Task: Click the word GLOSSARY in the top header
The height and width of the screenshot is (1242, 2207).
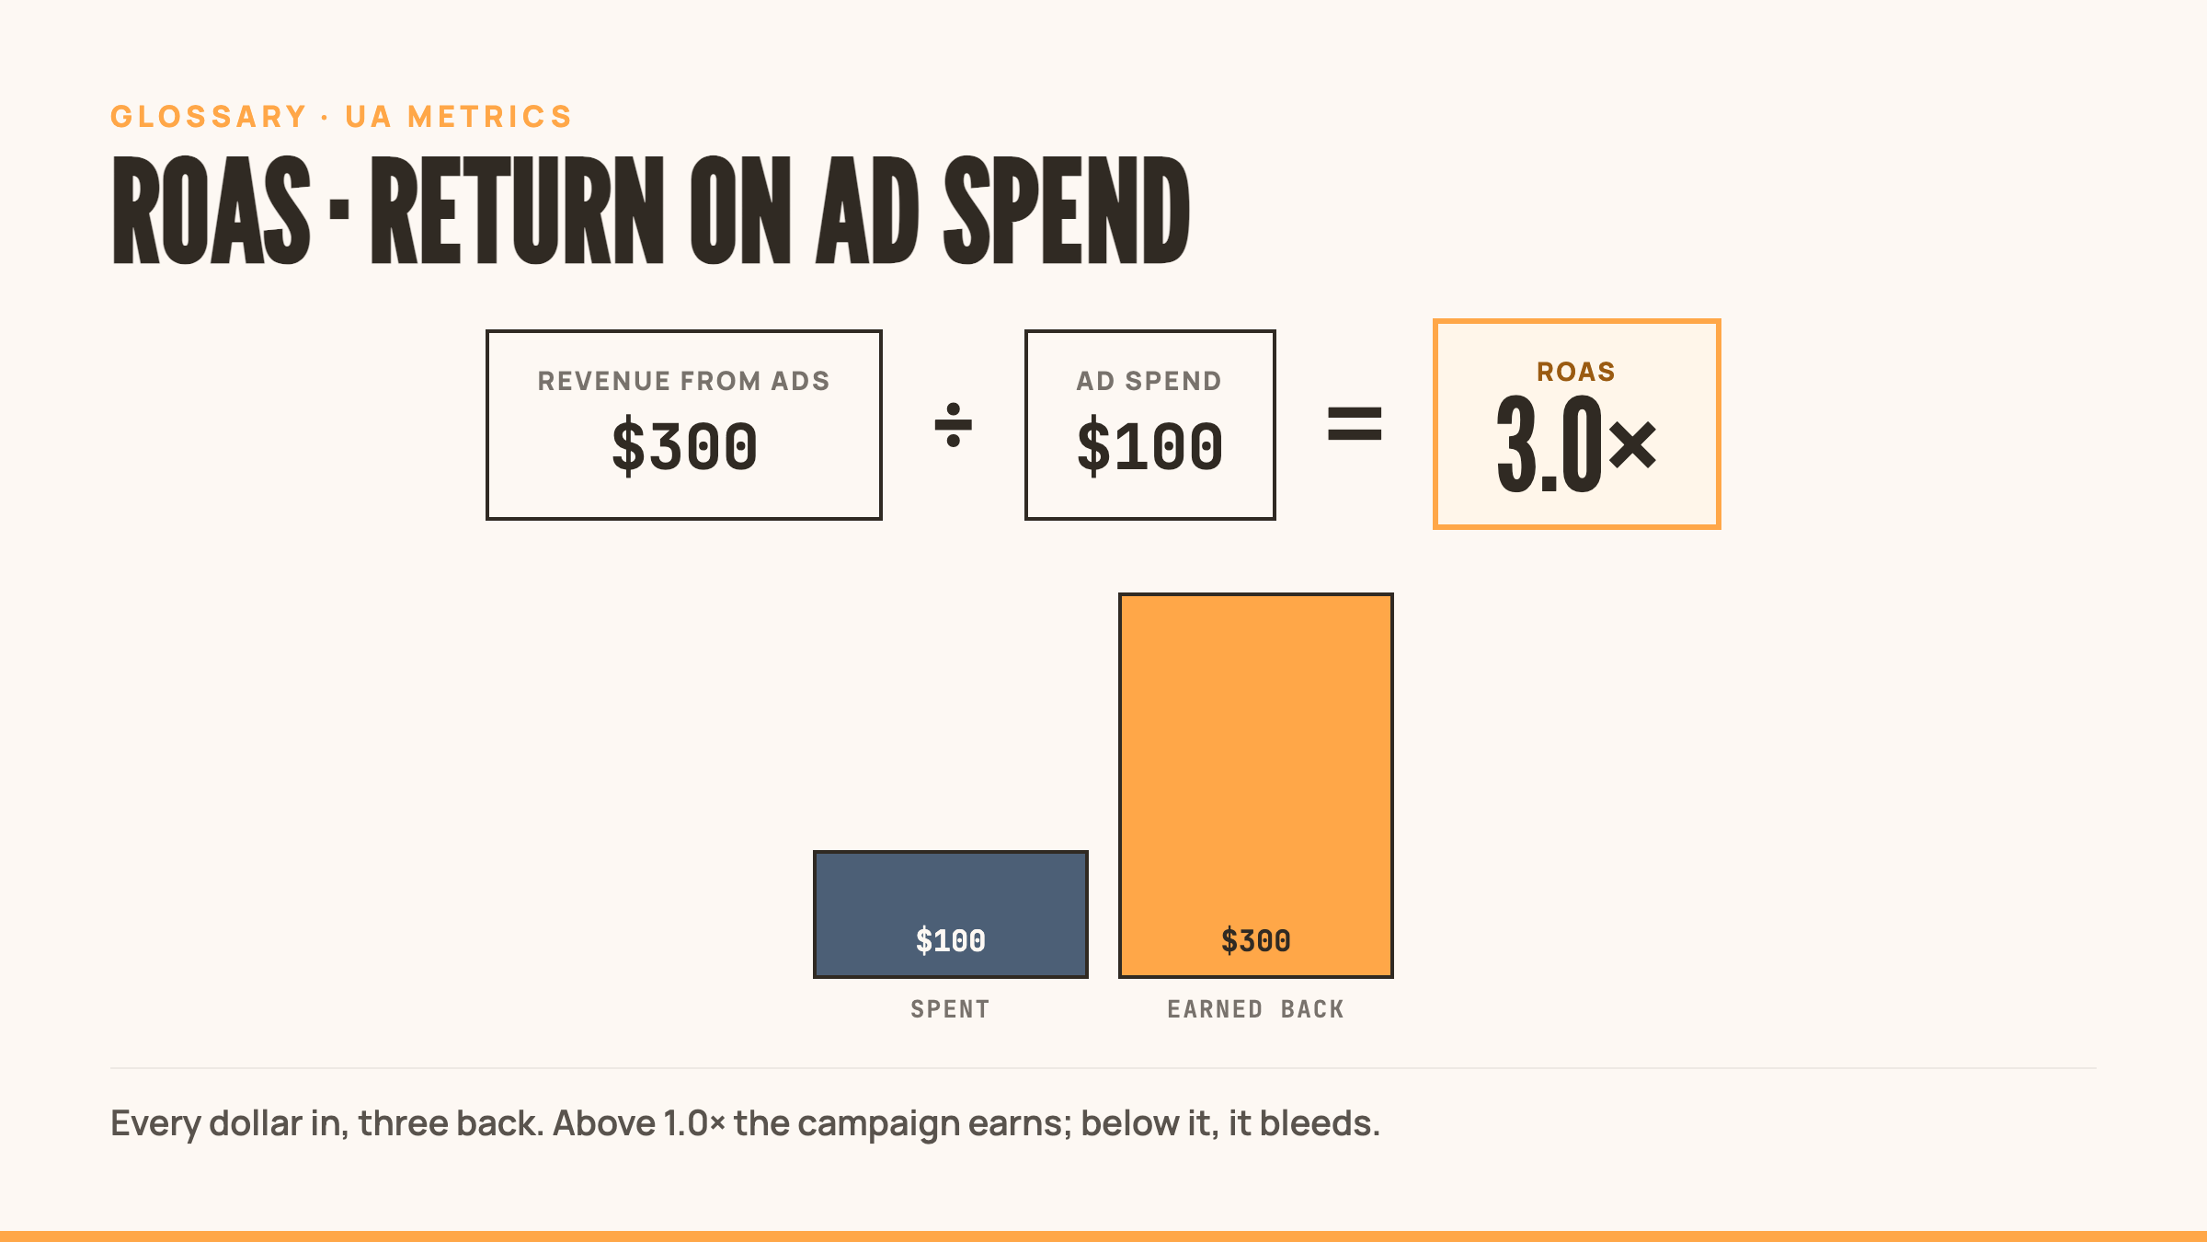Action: [x=209, y=117]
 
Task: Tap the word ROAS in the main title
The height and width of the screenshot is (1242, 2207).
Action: [x=212, y=210]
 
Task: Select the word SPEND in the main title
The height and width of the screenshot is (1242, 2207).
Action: [x=1068, y=210]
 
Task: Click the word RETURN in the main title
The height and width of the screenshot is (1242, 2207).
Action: [x=518, y=210]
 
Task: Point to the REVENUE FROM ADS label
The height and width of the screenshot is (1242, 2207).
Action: [x=683, y=381]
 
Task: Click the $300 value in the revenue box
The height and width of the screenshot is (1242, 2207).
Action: [x=684, y=446]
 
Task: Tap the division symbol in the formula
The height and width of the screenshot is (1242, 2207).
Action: [x=954, y=425]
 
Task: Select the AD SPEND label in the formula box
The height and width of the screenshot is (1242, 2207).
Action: [x=1149, y=381]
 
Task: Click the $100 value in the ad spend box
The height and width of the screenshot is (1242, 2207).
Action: [x=1149, y=446]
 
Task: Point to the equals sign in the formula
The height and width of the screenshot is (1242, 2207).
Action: [x=1355, y=424]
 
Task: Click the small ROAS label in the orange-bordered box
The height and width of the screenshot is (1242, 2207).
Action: [x=1576, y=372]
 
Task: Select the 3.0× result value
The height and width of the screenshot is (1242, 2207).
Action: [x=1576, y=444]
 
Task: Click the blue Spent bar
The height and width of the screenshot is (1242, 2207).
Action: [x=951, y=914]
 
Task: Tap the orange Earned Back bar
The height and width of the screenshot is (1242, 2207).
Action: [x=1256, y=786]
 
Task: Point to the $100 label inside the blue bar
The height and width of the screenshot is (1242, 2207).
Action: [x=951, y=940]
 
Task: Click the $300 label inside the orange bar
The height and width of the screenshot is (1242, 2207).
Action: [x=1256, y=940]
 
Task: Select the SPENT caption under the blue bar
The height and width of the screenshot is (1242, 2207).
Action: [x=951, y=1009]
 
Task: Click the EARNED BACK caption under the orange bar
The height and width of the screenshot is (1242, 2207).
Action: [x=1256, y=1009]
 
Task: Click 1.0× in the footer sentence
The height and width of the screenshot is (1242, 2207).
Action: [x=693, y=1123]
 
